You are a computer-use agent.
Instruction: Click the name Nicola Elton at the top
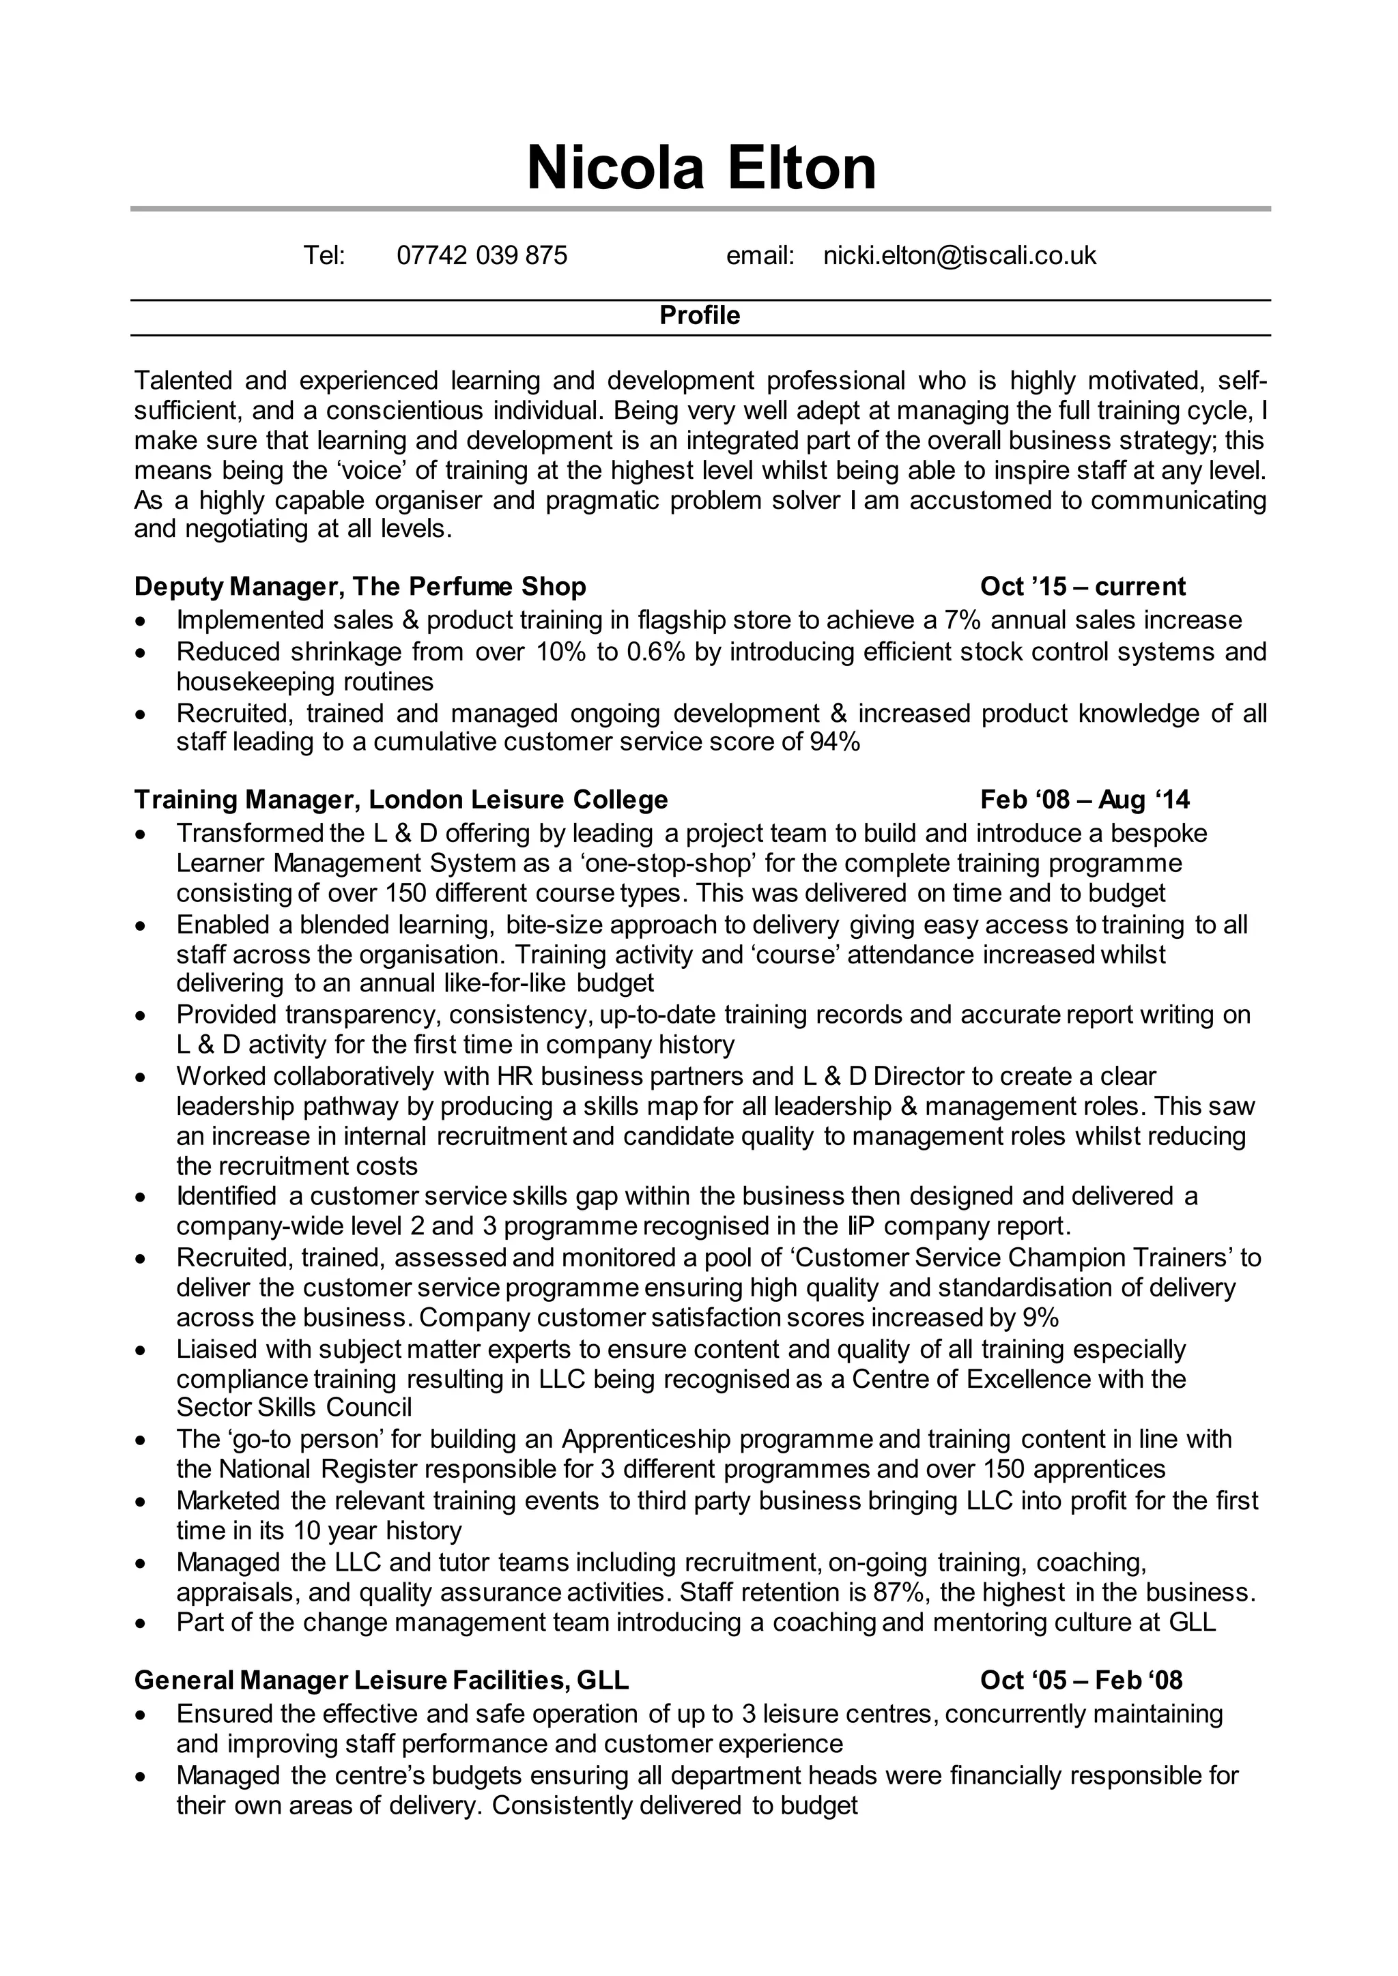pyautogui.click(x=701, y=168)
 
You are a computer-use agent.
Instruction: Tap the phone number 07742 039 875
pyautogui.click(x=481, y=256)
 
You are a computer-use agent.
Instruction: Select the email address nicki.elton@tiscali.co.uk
pyautogui.click(x=959, y=256)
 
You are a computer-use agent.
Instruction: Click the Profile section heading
pyautogui.click(x=699, y=316)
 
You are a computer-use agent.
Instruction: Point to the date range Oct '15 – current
pyautogui.click(x=1082, y=587)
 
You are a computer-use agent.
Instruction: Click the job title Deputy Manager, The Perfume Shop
pyautogui.click(x=360, y=587)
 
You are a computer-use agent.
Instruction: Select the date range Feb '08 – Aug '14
pyautogui.click(x=1085, y=800)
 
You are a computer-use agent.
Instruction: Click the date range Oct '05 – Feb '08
pyautogui.click(x=1081, y=1680)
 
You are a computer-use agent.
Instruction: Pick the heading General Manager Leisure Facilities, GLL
pyautogui.click(x=382, y=1680)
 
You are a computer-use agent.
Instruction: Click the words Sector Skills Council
pyautogui.click(x=294, y=1407)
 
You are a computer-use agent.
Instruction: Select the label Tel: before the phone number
pyautogui.click(x=324, y=256)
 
